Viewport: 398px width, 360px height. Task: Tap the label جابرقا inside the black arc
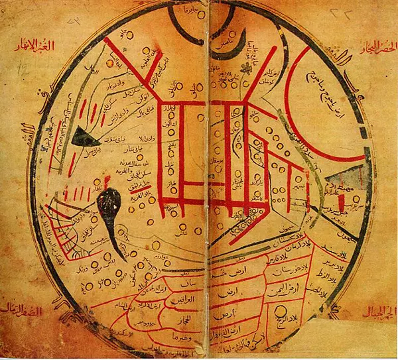[x=192, y=13]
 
